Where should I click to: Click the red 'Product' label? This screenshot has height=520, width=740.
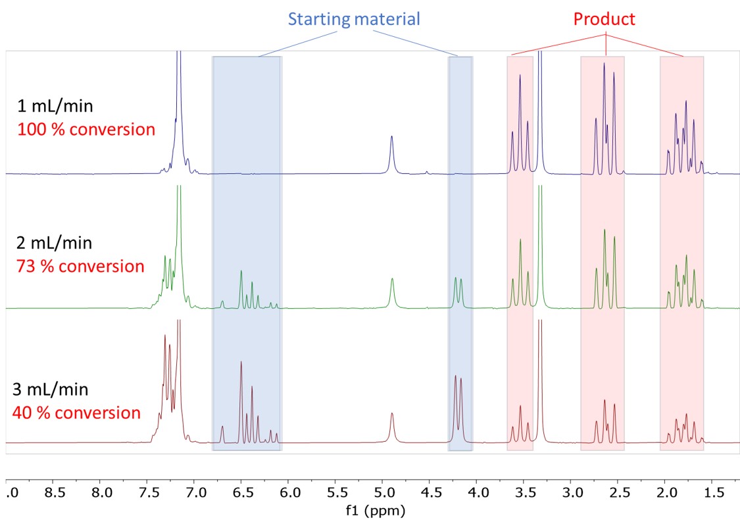(x=604, y=18)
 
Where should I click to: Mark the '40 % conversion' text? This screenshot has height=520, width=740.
(x=76, y=413)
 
